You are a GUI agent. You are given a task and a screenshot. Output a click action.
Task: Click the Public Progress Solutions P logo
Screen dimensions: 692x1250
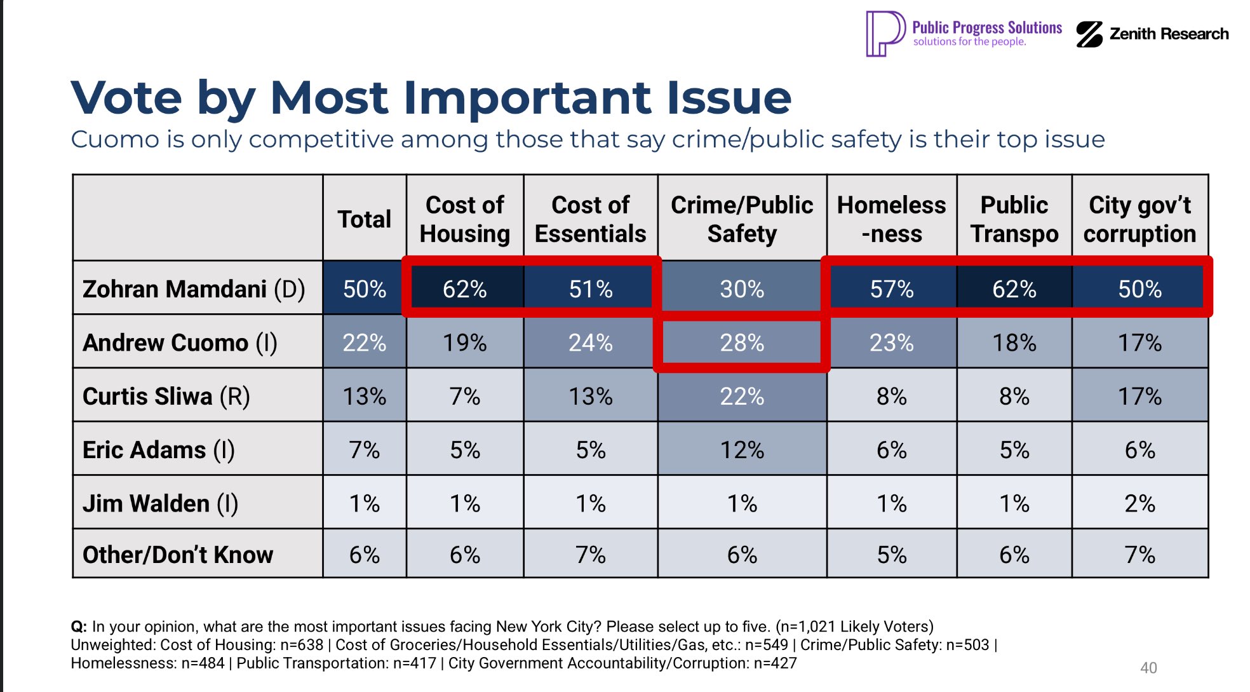point(885,34)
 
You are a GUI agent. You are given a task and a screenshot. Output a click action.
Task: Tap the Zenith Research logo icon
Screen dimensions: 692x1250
point(1089,34)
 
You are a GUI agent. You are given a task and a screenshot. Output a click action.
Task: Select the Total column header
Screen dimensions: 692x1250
point(364,219)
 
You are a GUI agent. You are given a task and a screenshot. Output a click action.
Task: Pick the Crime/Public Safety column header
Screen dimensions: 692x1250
point(742,219)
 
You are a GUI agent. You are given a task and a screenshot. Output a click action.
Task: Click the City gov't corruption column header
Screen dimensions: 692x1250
point(1139,219)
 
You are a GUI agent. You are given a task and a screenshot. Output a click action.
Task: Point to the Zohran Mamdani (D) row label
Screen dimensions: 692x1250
point(194,289)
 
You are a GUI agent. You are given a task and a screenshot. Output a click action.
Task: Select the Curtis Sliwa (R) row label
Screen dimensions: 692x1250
point(166,397)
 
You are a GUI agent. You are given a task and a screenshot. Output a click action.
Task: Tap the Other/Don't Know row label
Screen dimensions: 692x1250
point(178,555)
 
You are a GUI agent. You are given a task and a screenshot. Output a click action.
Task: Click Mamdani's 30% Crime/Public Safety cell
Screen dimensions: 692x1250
point(742,289)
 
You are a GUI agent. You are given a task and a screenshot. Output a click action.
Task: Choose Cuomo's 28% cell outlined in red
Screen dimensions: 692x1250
point(742,343)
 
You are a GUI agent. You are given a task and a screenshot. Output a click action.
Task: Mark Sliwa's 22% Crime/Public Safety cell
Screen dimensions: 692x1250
point(742,397)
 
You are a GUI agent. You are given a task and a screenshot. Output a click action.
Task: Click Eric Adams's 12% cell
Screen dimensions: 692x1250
point(742,450)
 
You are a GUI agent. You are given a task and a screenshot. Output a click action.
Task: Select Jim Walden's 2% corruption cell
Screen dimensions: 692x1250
point(1139,503)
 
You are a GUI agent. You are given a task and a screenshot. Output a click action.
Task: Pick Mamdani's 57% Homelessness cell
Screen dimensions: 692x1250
point(891,289)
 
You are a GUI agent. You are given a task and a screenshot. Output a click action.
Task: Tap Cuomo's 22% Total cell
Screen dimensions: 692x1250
point(364,343)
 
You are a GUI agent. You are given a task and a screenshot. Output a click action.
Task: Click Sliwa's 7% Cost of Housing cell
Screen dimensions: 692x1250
point(464,397)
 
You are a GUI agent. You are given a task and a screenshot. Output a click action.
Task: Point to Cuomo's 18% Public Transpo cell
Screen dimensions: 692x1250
point(1014,343)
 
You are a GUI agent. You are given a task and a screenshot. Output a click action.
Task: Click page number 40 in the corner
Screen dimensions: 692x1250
point(1148,668)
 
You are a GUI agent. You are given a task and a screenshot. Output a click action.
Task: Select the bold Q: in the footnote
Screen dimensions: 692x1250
point(79,627)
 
